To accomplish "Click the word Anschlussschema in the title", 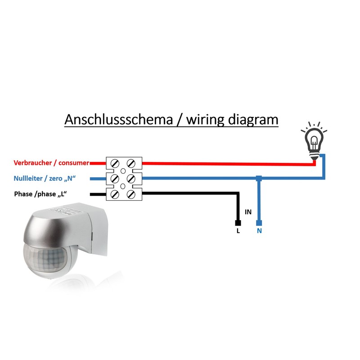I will [115, 121].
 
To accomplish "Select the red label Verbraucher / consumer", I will [51, 162].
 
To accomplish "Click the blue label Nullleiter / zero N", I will [44, 179].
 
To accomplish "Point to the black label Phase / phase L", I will [42, 194].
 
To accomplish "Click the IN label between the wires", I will [248, 211].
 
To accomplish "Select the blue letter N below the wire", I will [259, 231].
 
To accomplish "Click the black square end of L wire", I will [238, 223].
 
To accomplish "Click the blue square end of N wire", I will [258, 223].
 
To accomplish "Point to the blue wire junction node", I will [258, 179].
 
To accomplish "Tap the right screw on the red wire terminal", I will [131, 162].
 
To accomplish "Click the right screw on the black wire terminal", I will [131, 194].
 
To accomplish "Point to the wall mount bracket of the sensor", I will [99, 234].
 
